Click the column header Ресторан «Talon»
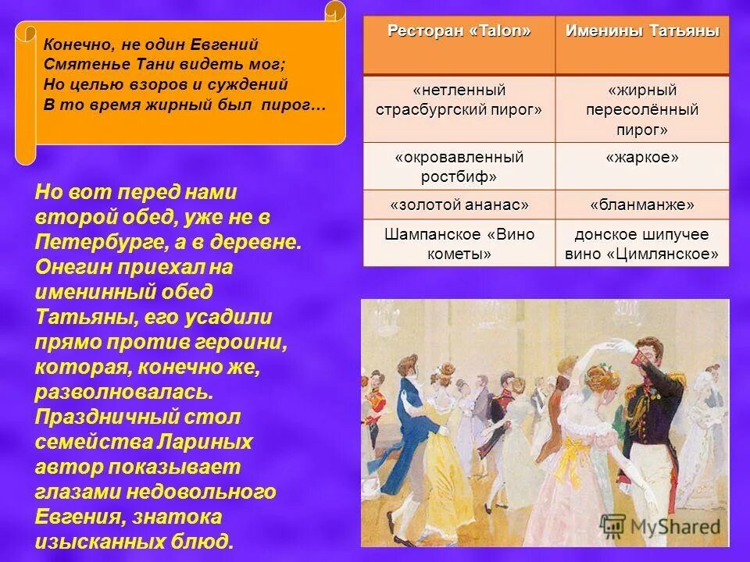tap(459, 30)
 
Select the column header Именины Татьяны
tap(642, 30)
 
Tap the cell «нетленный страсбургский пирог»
tap(459, 100)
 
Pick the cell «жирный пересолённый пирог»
tap(642, 109)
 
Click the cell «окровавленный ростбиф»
tap(459, 166)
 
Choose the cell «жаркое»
tap(642, 158)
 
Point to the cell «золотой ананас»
tap(459, 205)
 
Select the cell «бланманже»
tap(642, 205)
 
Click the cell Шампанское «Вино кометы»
tap(459, 244)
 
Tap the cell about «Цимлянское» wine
tap(642, 244)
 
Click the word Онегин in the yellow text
tap(71, 267)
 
